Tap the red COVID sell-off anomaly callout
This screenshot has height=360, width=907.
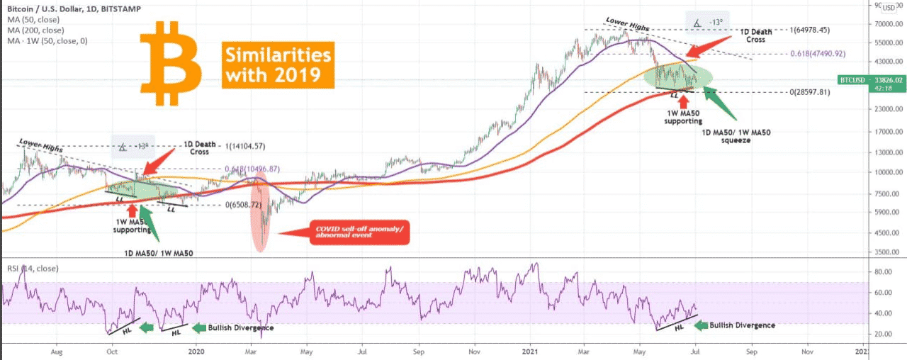click(x=360, y=232)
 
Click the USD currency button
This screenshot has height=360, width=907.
click(x=889, y=8)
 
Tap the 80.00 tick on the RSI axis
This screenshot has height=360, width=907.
click(x=882, y=271)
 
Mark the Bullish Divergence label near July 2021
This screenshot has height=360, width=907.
click(x=742, y=325)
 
